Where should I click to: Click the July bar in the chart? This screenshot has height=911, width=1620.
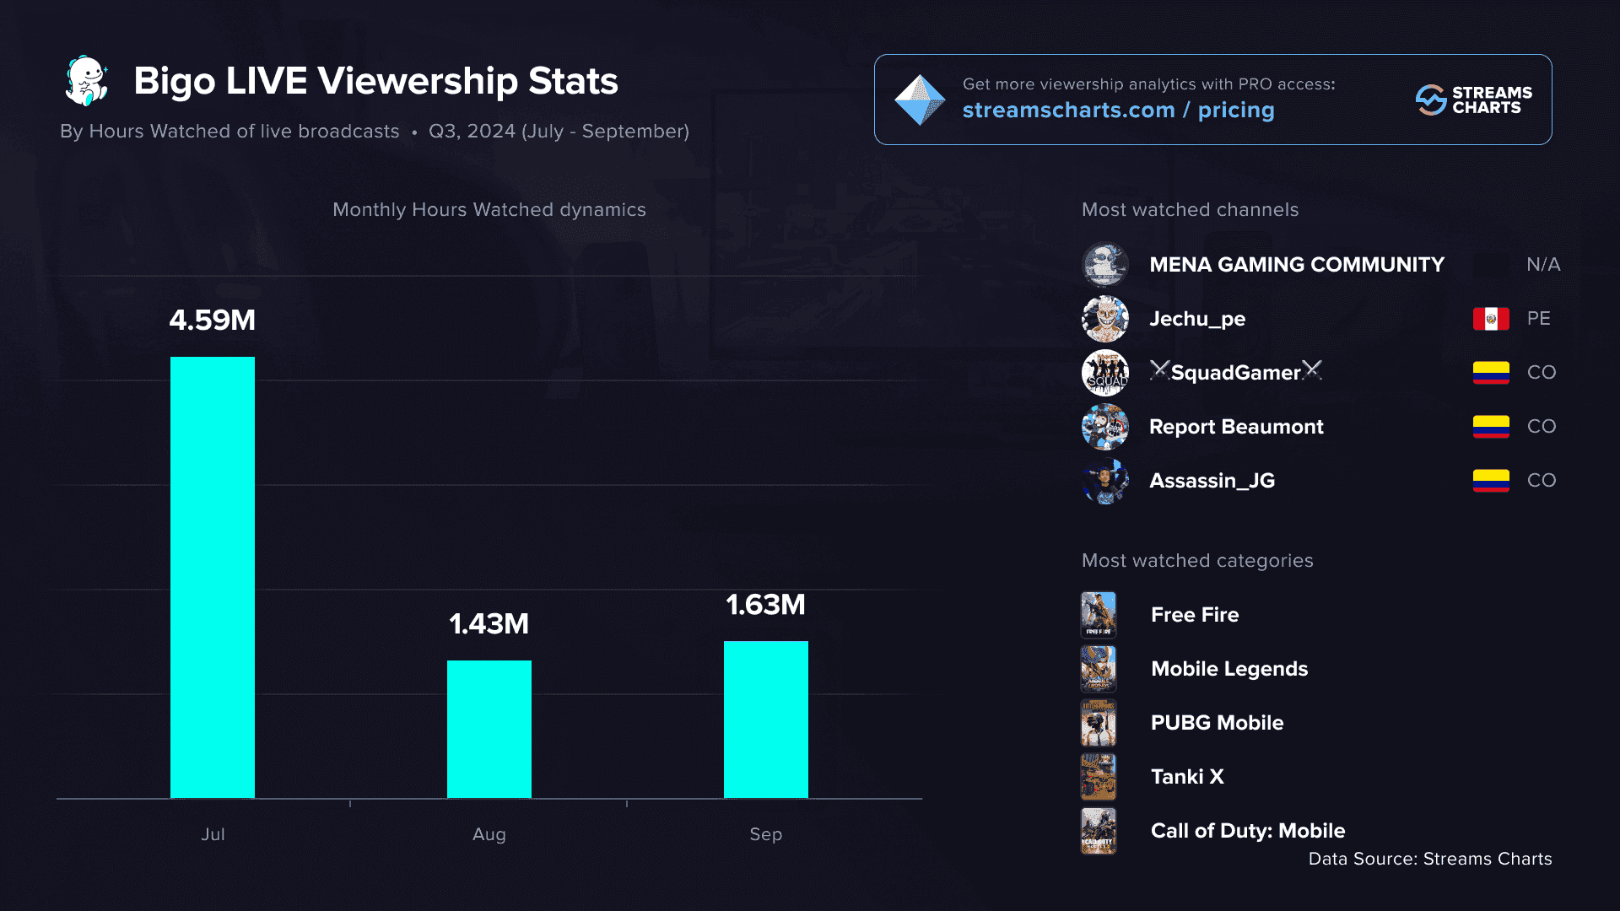pyautogui.click(x=213, y=577)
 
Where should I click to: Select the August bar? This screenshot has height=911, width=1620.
pyautogui.click(x=489, y=729)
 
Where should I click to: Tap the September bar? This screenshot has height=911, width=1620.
pyautogui.click(x=766, y=719)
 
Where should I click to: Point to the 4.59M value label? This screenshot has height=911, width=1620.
pyautogui.click(x=213, y=321)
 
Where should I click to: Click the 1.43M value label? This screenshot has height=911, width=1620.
pyautogui.click(x=489, y=624)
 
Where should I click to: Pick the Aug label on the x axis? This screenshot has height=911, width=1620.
pyautogui.click(x=489, y=834)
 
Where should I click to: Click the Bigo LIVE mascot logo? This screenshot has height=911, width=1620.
pyautogui.click(x=87, y=81)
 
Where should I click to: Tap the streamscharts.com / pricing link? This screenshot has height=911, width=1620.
pyautogui.click(x=1118, y=111)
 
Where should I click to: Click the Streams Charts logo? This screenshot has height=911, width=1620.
pyautogui.click(x=1473, y=100)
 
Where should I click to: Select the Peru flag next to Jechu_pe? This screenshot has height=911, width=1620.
pyautogui.click(x=1491, y=319)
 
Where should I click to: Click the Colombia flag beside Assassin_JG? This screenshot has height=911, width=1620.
pyautogui.click(x=1491, y=481)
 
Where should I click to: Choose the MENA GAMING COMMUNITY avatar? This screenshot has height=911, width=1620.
pyautogui.click(x=1105, y=265)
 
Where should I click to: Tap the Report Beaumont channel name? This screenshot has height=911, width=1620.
pyautogui.click(x=1236, y=427)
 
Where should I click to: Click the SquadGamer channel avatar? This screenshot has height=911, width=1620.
pyautogui.click(x=1105, y=373)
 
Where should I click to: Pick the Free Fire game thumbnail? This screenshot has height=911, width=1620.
pyautogui.click(x=1099, y=615)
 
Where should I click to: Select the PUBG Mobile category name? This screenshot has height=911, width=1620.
pyautogui.click(x=1217, y=723)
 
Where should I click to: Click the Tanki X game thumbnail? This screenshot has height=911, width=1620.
pyautogui.click(x=1099, y=777)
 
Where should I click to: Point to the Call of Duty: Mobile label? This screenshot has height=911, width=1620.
pyautogui.click(x=1248, y=831)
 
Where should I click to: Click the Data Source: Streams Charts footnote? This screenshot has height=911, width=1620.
pyautogui.click(x=1430, y=859)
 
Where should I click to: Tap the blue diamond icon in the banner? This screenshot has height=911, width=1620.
pyautogui.click(x=920, y=100)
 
